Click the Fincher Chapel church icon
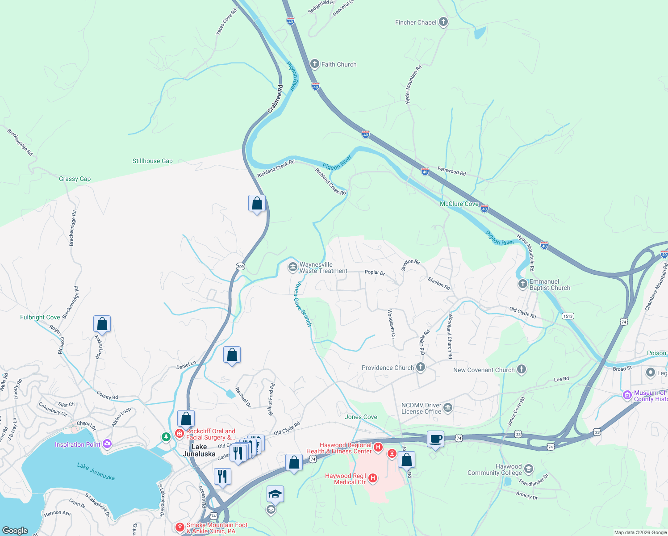(x=443, y=22)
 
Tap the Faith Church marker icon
(x=315, y=64)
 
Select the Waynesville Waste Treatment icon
(x=292, y=268)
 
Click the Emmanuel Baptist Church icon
(x=522, y=285)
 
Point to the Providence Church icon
(x=420, y=367)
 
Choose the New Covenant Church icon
(x=522, y=369)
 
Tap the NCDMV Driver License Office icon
(x=448, y=408)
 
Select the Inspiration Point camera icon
(x=107, y=444)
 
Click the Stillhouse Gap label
(x=152, y=161)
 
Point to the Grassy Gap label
(x=75, y=179)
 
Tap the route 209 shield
(x=240, y=266)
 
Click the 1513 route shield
(x=568, y=316)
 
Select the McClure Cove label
(x=459, y=204)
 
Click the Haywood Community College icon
(x=529, y=469)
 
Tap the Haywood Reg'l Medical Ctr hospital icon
(x=372, y=478)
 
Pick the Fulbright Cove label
(x=40, y=317)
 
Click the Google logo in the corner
(x=15, y=530)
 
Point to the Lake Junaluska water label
(x=96, y=471)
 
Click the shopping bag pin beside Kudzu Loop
(x=102, y=324)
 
